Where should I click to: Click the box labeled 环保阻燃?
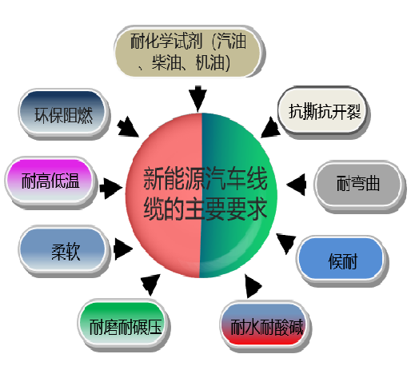point(63,113)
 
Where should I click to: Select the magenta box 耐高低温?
point(50,181)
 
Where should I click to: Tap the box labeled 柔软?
point(64,251)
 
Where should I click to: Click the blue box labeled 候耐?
point(342,260)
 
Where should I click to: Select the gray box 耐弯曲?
point(358,185)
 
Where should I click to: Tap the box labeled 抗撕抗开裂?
point(323,111)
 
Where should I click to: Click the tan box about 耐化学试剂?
point(189,51)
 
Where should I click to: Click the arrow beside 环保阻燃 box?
point(128,127)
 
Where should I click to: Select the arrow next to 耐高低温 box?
point(110,188)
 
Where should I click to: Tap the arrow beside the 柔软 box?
point(123,249)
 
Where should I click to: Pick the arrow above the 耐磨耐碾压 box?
point(150,284)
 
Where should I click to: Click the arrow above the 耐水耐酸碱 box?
point(253,286)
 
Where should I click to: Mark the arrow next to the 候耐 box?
point(286,243)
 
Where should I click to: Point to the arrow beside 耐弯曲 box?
point(296,185)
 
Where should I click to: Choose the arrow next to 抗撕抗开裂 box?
point(270,127)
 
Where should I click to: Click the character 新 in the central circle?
point(154,178)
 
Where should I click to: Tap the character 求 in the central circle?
point(257,209)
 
